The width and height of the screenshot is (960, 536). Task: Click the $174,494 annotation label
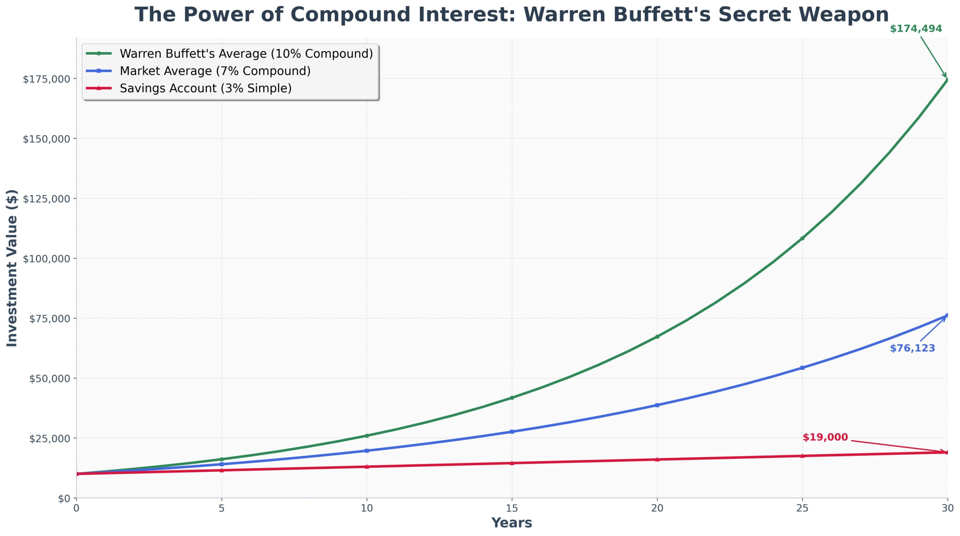(915, 29)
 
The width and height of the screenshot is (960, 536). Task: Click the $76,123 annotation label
(912, 348)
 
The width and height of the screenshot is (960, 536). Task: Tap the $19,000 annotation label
(825, 437)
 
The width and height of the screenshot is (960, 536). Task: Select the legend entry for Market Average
(215, 71)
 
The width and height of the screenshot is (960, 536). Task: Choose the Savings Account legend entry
(205, 88)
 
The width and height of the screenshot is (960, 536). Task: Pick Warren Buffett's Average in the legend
(246, 54)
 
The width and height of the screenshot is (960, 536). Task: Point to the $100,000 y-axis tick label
(46, 259)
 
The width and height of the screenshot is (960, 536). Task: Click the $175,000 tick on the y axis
(46, 79)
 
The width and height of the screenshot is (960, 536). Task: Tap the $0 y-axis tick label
(64, 499)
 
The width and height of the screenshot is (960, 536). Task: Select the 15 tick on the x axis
(511, 508)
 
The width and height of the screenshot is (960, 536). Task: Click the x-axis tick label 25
(802, 508)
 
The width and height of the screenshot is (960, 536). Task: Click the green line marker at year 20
(657, 337)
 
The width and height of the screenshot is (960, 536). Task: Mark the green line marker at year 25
(802, 238)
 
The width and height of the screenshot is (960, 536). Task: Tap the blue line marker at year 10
(367, 451)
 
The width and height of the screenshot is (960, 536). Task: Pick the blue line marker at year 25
(802, 368)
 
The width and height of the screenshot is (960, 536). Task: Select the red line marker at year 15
(512, 463)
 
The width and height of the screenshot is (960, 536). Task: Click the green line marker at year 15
(512, 398)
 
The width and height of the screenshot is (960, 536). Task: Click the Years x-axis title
(511, 523)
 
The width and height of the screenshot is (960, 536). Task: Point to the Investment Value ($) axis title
(12, 268)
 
